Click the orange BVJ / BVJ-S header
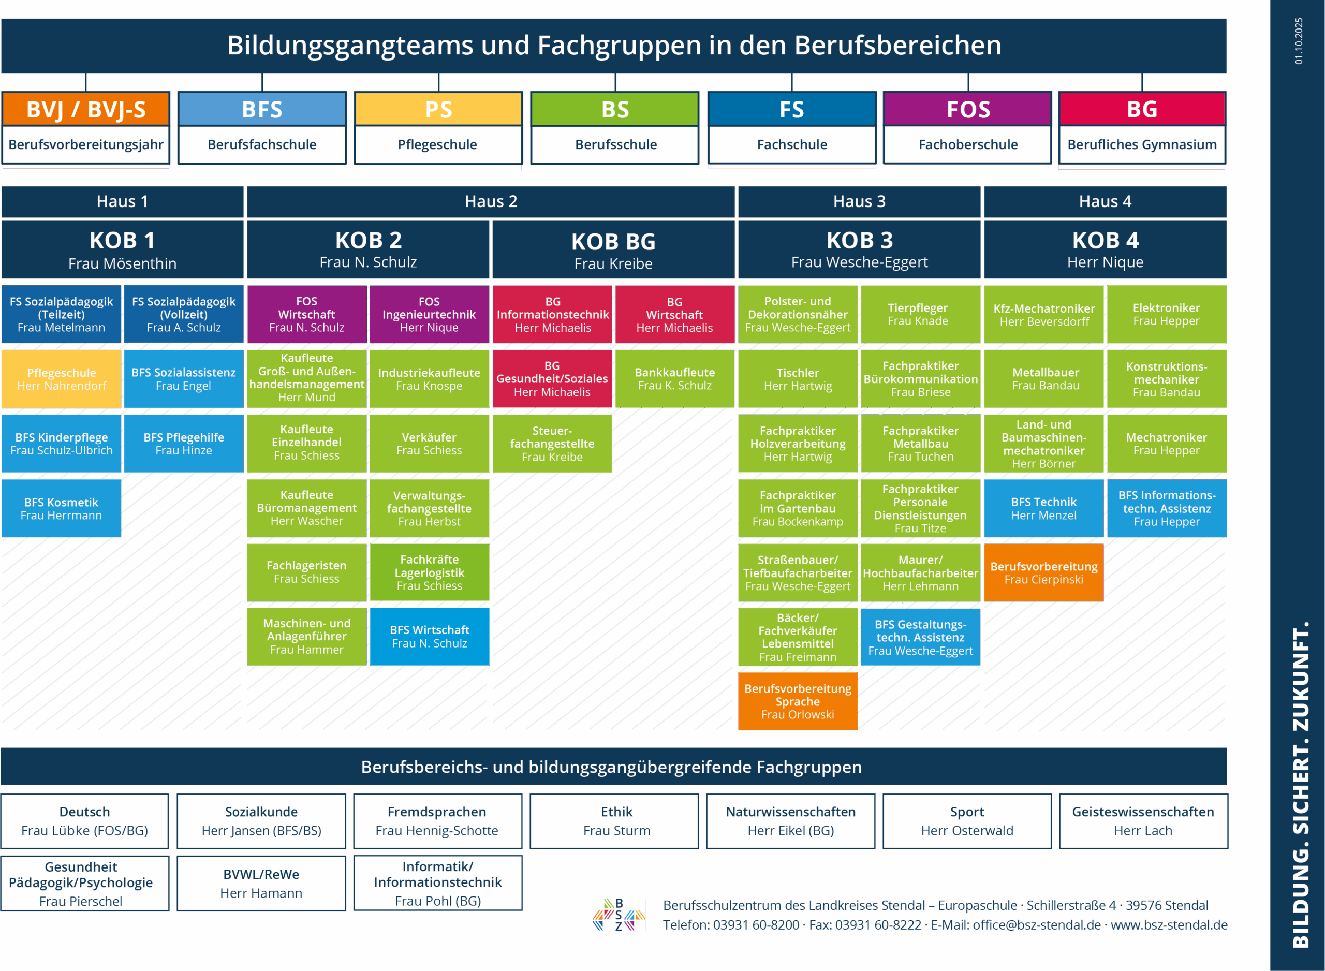click(x=86, y=109)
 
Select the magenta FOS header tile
click(x=967, y=109)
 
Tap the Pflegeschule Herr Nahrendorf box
click(x=62, y=379)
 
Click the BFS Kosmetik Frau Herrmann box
click(x=62, y=508)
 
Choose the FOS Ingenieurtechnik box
click(x=429, y=315)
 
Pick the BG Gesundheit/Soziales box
click(x=552, y=379)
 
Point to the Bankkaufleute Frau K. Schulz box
click(x=674, y=379)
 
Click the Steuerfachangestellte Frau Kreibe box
click(x=552, y=444)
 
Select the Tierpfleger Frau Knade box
click(x=920, y=315)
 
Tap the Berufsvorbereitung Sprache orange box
click(x=798, y=701)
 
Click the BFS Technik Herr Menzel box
click(x=1043, y=508)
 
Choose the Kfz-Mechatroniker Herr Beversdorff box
click(x=1043, y=315)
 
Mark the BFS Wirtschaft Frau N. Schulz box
click(x=430, y=637)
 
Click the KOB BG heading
click(x=613, y=242)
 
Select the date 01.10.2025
click(x=1299, y=41)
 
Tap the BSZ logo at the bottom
click(x=619, y=915)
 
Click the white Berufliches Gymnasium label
click(x=1142, y=144)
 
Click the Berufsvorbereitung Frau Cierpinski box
click(x=1043, y=573)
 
